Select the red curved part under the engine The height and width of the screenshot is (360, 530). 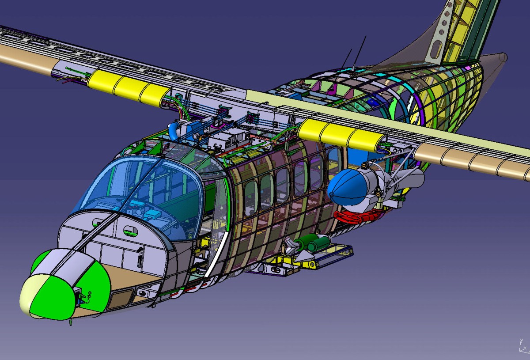[x=358, y=216]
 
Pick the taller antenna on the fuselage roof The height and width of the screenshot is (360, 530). [x=360, y=52]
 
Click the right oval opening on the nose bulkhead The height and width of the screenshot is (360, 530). [x=130, y=229]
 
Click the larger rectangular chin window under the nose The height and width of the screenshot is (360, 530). [x=117, y=300]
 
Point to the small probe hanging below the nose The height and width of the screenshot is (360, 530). [x=70, y=322]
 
